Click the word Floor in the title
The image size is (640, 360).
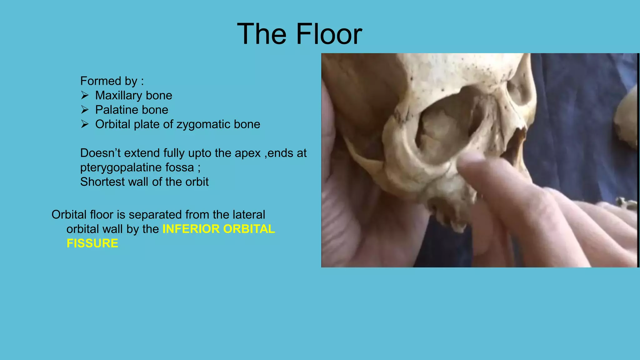(x=329, y=34)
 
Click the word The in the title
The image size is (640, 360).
(x=262, y=34)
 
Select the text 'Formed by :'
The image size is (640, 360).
(x=112, y=81)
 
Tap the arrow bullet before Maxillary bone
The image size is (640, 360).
(x=85, y=95)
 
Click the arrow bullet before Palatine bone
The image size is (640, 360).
(x=85, y=109)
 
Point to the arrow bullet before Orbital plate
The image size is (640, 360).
(x=85, y=124)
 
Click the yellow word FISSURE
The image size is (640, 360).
(x=92, y=243)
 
